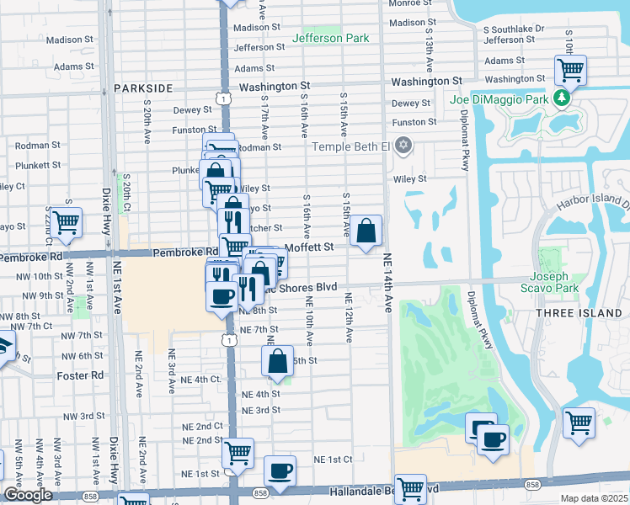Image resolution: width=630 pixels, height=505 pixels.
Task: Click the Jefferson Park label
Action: (x=330, y=38)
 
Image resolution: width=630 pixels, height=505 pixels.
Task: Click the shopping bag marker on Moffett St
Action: (x=367, y=230)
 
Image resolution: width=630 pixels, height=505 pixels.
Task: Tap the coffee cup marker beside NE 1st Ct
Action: (x=280, y=470)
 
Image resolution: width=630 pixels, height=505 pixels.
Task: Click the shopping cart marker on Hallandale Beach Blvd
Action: (x=410, y=487)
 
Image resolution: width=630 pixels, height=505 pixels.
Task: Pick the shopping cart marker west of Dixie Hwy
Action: (x=66, y=223)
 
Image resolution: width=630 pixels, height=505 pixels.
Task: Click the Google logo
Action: (x=28, y=495)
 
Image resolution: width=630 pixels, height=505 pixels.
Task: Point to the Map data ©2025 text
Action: (x=594, y=498)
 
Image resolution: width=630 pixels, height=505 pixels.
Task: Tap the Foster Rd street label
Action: (x=80, y=375)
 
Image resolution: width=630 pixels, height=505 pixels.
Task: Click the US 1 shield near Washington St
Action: (x=223, y=98)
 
